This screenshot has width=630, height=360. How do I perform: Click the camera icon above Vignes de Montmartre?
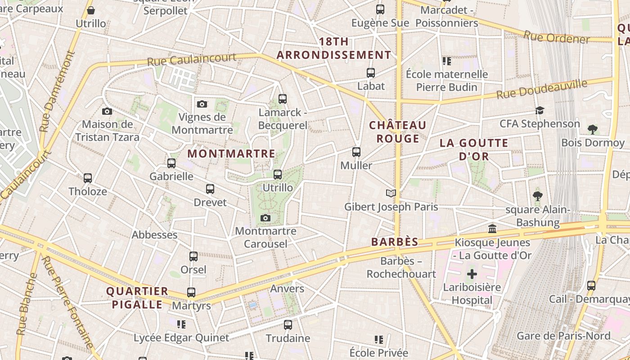point(202,104)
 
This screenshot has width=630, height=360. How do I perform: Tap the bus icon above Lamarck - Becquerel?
point(283,99)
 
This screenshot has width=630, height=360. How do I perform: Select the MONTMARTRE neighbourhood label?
point(231,153)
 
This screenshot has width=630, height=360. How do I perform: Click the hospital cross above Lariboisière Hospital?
point(472,274)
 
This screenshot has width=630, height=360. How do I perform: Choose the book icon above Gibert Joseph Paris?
point(391,193)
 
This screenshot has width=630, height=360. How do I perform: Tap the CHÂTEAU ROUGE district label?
point(398,131)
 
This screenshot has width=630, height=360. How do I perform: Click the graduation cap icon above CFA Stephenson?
point(540,110)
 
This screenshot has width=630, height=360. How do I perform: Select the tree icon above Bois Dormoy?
point(593,130)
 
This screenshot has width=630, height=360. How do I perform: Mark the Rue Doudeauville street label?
point(542,89)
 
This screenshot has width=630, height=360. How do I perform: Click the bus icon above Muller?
point(356,152)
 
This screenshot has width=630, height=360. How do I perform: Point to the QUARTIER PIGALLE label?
point(137,297)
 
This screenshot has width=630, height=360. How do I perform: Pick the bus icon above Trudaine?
point(288,324)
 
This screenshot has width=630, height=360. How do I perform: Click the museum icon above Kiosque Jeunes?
point(492,229)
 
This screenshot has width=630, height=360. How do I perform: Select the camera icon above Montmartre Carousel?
point(265,218)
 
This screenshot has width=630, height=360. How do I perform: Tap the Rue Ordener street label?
point(556,37)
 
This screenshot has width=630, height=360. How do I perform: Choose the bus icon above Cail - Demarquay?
point(591,286)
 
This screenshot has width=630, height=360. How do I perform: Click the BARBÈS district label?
point(395,242)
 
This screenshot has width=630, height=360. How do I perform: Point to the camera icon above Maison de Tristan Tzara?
point(107,111)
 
